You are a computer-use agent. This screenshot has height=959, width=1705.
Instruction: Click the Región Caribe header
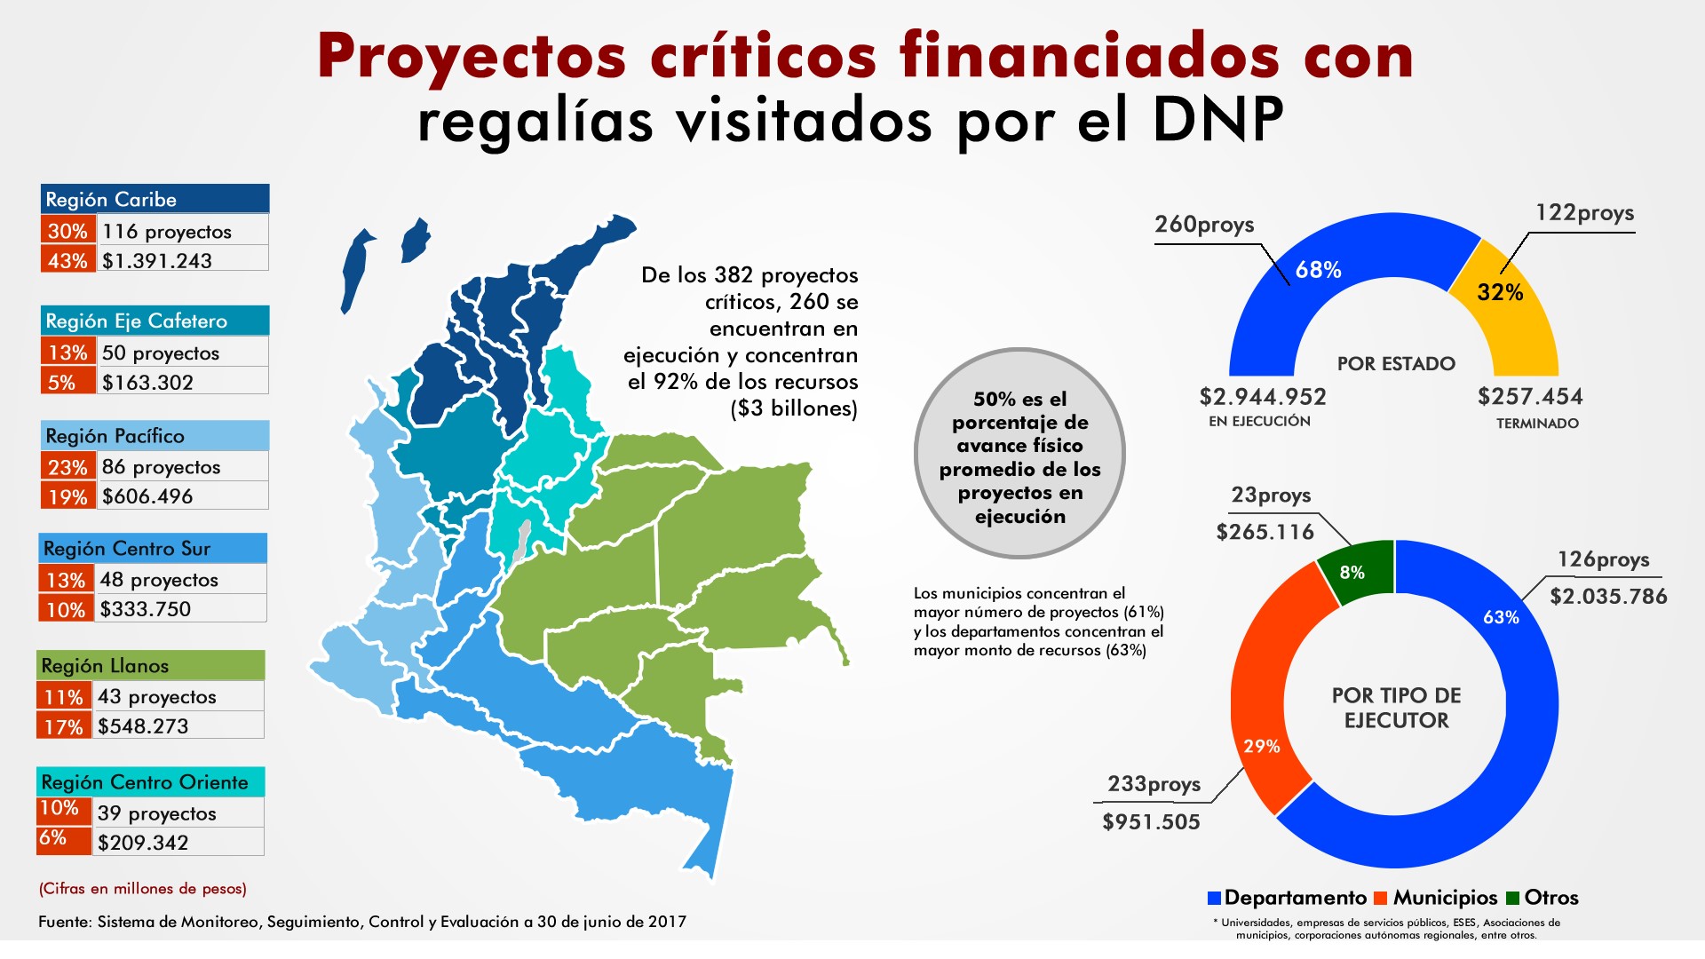155,199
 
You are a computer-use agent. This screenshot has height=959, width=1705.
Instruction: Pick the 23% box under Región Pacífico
67,467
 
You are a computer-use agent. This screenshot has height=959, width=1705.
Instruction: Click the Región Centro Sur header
153,549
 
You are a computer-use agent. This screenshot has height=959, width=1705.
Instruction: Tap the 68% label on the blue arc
1318,270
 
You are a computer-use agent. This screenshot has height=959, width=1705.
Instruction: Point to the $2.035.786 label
1608,596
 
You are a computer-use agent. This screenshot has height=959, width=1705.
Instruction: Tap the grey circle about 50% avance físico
1019,454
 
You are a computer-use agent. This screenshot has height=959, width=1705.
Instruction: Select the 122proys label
1584,213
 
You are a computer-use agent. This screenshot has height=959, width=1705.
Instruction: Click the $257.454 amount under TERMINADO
1530,397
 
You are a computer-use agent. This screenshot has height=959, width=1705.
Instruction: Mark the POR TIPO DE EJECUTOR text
1396,708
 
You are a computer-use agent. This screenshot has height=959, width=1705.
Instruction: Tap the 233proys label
1154,784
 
